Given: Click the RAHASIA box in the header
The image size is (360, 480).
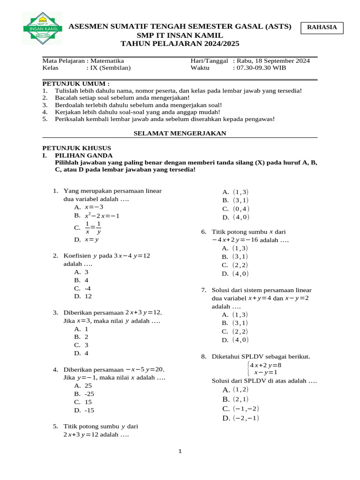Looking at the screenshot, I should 322,28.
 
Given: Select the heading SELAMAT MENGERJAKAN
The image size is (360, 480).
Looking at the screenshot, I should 180,134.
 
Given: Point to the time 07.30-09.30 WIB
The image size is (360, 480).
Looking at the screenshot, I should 261,68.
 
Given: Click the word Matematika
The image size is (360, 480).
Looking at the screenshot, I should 107,61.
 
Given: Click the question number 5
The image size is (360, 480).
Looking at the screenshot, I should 55,427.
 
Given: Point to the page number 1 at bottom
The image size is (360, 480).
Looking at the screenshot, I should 180,451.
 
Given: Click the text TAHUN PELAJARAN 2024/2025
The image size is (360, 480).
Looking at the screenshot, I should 180,44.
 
